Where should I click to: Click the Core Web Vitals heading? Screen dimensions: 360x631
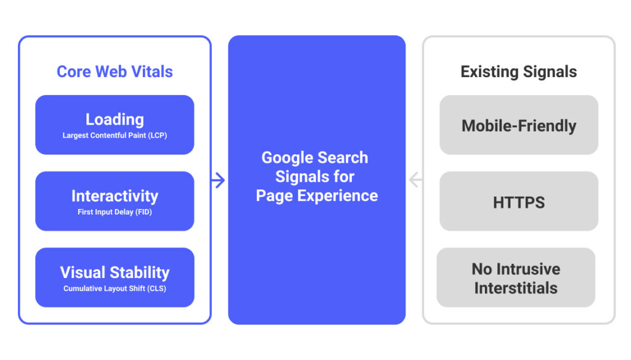pyautogui.click(x=115, y=72)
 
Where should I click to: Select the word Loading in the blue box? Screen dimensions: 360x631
pyautogui.click(x=115, y=120)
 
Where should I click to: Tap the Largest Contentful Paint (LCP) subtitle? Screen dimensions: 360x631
pyautogui.click(x=115, y=136)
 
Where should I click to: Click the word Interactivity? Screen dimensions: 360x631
pyautogui.click(x=115, y=196)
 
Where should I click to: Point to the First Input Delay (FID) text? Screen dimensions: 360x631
pyautogui.click(x=115, y=212)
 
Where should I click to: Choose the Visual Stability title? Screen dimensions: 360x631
pyautogui.click(x=115, y=272)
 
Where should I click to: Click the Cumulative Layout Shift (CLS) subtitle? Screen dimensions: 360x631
pyautogui.click(x=115, y=288)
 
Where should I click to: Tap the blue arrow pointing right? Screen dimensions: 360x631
pyautogui.click(x=218, y=180)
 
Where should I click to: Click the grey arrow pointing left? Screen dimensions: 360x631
pyautogui.click(x=415, y=180)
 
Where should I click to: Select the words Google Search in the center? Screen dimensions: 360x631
pyautogui.click(x=315, y=158)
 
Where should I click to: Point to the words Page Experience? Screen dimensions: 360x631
pyautogui.click(x=317, y=196)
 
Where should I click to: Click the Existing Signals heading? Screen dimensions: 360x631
pyautogui.click(x=519, y=72)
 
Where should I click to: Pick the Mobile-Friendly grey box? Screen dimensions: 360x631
pyautogui.click(x=519, y=126)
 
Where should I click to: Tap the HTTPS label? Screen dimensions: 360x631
pyautogui.click(x=519, y=203)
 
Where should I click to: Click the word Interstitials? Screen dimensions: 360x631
pyautogui.click(x=516, y=288)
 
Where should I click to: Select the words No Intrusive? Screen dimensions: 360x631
pyautogui.click(x=516, y=269)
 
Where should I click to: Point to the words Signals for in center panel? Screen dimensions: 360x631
pyautogui.click(x=315, y=177)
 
